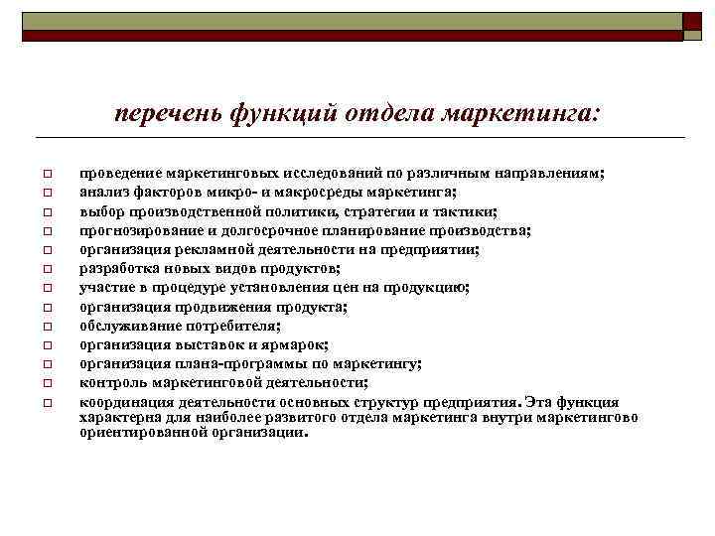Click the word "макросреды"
[x=324, y=192]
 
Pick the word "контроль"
[x=110, y=382]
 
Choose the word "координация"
[x=126, y=402]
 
